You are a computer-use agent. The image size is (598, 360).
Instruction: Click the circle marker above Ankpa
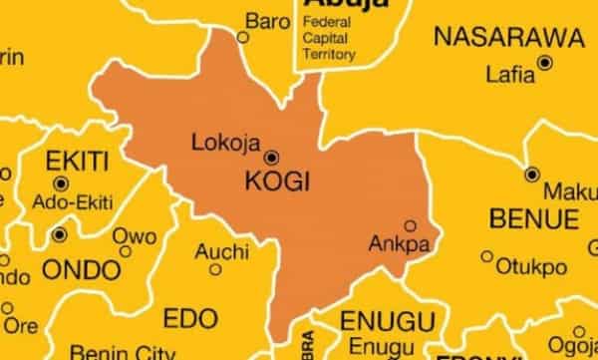[x=409, y=225]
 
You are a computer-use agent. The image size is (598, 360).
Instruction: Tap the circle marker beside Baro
[x=242, y=37]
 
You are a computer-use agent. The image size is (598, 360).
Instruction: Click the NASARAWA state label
[x=508, y=38]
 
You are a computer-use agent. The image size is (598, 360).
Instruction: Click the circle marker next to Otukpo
[x=487, y=256]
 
